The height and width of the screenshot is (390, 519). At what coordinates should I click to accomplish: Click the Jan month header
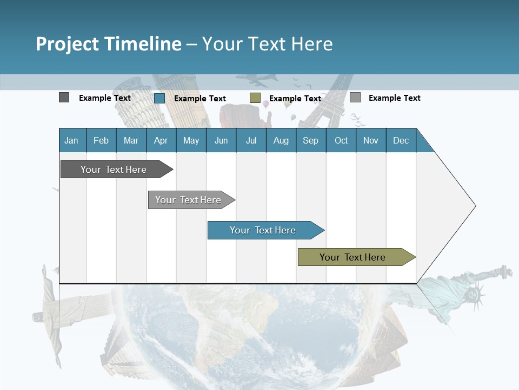72,140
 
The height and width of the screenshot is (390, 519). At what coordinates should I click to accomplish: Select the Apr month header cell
161,140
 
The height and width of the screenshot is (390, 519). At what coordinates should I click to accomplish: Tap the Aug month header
281,140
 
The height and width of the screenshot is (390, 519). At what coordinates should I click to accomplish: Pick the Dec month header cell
401,140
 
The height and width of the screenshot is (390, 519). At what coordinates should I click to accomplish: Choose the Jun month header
221,140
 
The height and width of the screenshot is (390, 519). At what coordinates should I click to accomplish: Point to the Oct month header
341,140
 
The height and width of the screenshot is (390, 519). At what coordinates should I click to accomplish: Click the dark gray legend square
64,97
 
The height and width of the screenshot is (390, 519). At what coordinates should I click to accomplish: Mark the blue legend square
159,98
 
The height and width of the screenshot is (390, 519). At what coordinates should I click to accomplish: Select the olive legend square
255,97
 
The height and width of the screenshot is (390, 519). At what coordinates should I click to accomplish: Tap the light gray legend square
355,97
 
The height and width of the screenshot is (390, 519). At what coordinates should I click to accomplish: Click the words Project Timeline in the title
108,44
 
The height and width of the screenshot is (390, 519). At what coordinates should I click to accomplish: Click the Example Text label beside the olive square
295,98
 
